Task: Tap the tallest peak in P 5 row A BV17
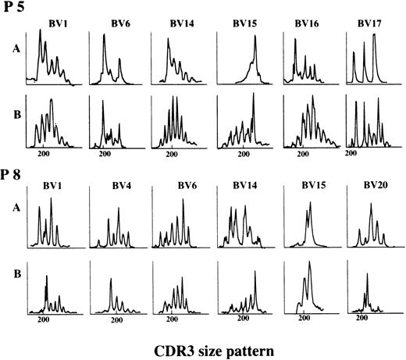pos(375,36)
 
